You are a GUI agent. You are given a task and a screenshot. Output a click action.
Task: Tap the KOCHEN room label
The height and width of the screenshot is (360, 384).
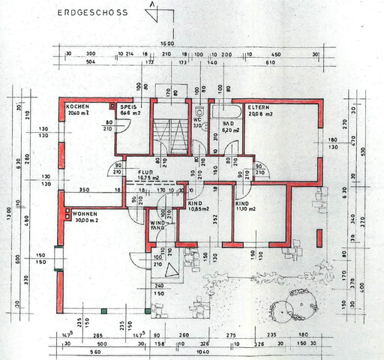click(x=79, y=106)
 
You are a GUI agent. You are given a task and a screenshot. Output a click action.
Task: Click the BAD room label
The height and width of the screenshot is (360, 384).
click(x=227, y=123)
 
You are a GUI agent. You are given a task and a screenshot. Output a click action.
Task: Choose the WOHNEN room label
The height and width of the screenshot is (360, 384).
click(x=84, y=215)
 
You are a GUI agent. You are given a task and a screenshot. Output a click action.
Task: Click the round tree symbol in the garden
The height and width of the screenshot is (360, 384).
click(x=296, y=307)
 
